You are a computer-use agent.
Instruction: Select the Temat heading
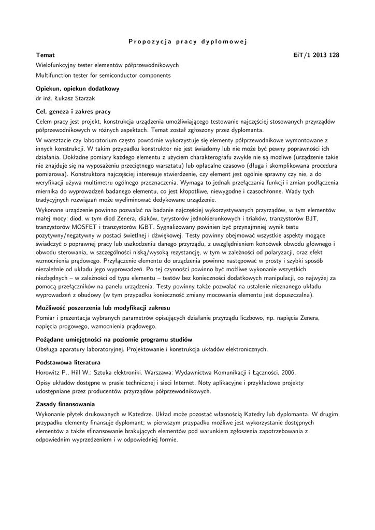[45, 55]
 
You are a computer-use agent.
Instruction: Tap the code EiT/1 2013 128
[316, 55]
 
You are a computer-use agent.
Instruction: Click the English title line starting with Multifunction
[103, 75]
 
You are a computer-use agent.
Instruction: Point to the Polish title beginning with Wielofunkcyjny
[107, 65]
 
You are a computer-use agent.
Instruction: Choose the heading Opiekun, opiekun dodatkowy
[77, 89]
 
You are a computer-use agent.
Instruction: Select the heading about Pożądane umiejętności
[114, 340]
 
